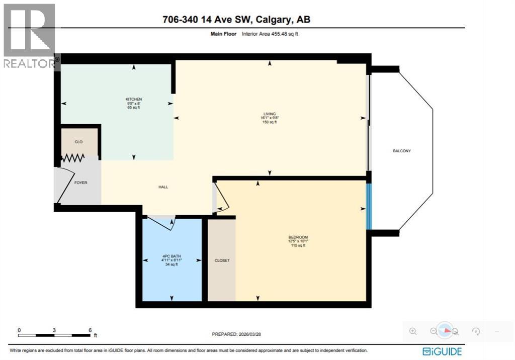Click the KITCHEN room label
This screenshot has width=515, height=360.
tap(133, 99)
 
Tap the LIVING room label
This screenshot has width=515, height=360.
tap(270, 114)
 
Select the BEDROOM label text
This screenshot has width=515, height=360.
tap(298, 237)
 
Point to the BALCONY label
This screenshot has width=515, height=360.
tap(402, 151)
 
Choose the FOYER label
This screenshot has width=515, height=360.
tap(80, 183)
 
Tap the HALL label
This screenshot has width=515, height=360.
tap(163, 187)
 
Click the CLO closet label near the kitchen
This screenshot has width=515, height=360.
tap(78, 142)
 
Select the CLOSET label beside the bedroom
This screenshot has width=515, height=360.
tap(222, 260)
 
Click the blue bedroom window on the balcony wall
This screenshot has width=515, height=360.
tap(369, 206)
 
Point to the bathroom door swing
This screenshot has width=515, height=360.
tap(161, 222)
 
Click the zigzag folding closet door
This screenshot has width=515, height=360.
tap(73, 158)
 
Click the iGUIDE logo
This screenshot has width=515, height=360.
tap(442, 351)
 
